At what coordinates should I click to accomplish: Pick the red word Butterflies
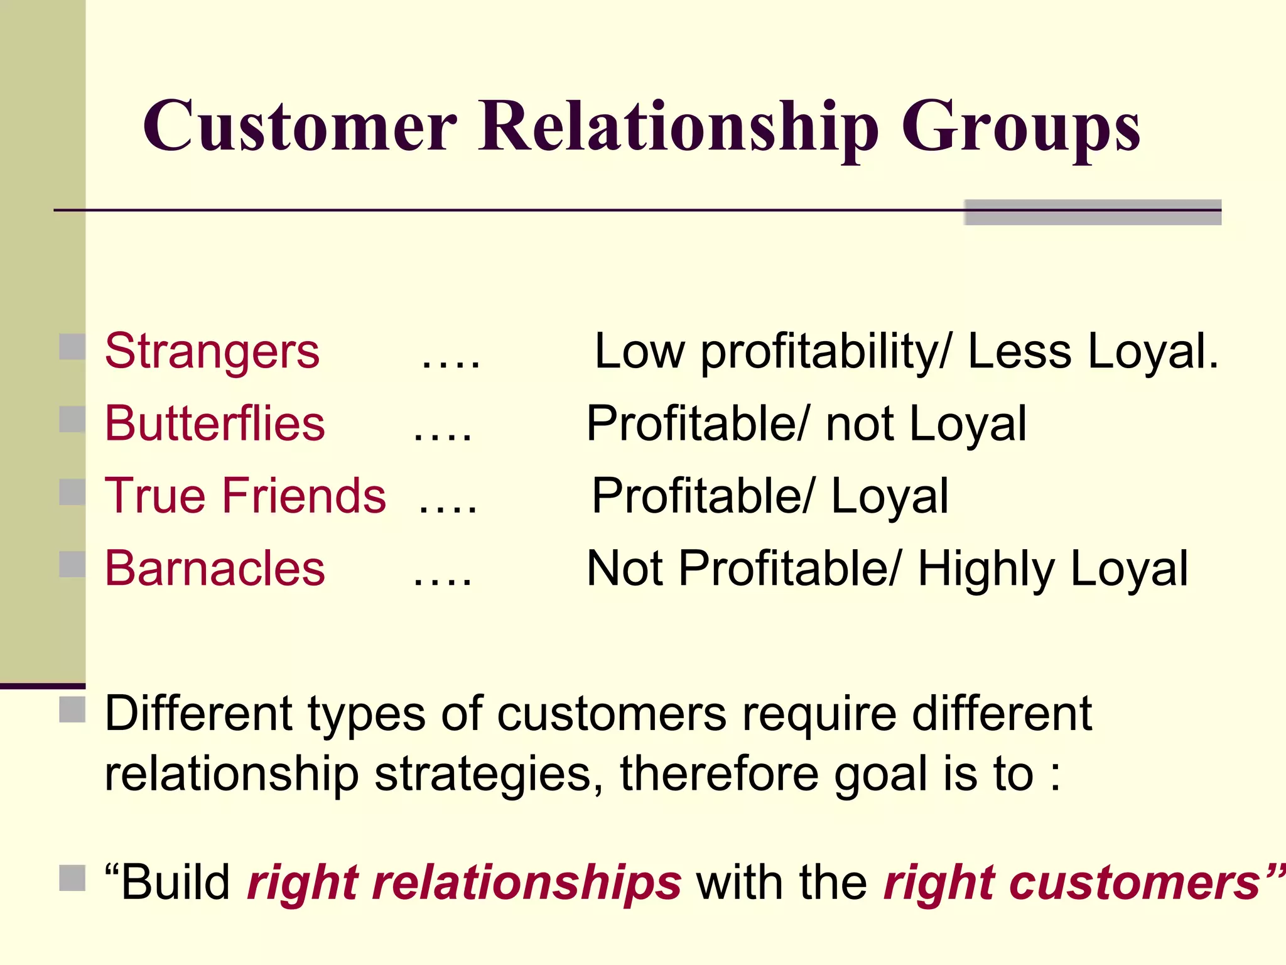click(x=215, y=423)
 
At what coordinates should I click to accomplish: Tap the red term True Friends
click(x=245, y=496)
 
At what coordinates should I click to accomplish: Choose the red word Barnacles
click(x=215, y=569)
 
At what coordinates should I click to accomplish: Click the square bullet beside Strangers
click(x=72, y=347)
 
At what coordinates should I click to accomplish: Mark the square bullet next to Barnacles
click(x=72, y=564)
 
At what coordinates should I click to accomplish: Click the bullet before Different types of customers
click(x=72, y=709)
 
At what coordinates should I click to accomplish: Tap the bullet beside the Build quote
click(x=72, y=878)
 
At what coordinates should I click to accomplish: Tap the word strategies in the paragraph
click(x=484, y=775)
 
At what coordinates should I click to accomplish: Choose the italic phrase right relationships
click(x=464, y=883)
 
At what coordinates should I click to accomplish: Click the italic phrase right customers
click(x=1077, y=883)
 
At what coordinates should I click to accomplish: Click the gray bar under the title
click(x=1093, y=212)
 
